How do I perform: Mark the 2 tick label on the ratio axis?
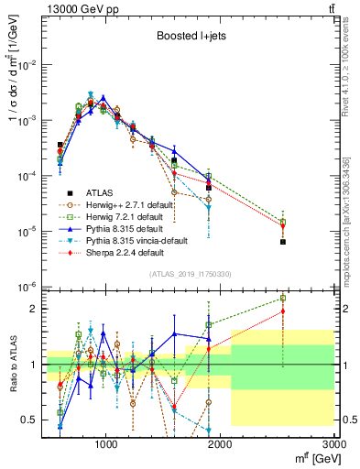tap(33, 309)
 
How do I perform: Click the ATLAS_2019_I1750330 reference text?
tap(190, 273)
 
